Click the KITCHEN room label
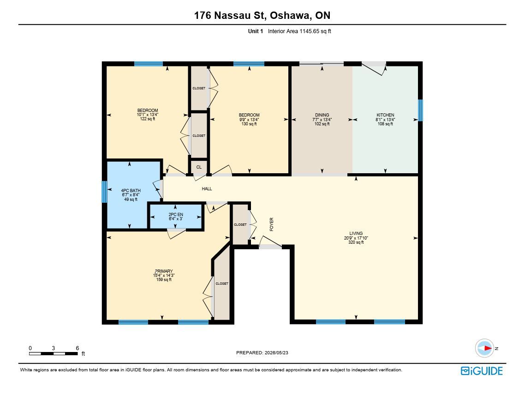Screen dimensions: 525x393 [385, 115]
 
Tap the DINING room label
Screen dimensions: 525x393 [322, 115]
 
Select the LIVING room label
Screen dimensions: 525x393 [356, 234]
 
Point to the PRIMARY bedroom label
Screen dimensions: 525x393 [164, 271]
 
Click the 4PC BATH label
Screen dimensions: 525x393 [131, 191]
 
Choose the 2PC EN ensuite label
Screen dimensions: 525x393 [176, 215]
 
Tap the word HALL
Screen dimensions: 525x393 [207, 188]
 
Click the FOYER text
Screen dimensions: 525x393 [272, 224]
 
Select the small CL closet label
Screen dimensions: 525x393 [199, 167]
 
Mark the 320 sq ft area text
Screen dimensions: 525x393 [356, 242]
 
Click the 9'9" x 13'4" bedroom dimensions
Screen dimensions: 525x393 [249, 119]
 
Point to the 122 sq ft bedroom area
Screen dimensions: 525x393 [148, 119]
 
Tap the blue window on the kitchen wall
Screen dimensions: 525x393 [421, 110]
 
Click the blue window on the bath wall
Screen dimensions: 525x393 [104, 192]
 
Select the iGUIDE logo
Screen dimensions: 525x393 [482, 371]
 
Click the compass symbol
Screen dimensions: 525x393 [485, 348]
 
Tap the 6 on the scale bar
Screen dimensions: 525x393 [78, 348]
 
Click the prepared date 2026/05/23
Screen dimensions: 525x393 [276, 352]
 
